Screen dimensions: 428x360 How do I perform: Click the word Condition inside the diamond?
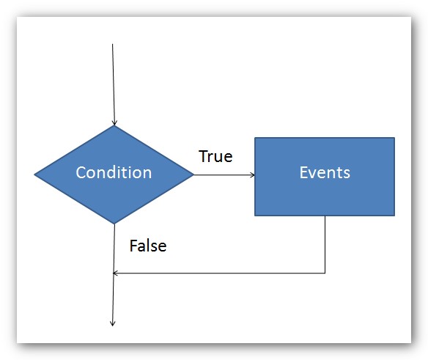point(114,172)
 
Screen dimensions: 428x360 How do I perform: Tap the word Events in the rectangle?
point(325,172)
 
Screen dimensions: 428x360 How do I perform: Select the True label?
point(215,156)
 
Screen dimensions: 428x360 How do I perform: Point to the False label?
point(148,246)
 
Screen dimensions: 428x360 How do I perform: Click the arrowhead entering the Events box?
point(253,175)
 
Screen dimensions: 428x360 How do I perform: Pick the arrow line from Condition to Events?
point(224,175)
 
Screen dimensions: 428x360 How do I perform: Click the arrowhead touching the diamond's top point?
point(114,122)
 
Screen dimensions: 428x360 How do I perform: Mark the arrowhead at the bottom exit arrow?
point(112,323)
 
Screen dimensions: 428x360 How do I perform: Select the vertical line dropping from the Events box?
point(325,244)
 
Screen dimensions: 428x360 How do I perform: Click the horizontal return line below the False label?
point(219,273)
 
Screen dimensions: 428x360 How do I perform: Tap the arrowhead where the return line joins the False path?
point(116,273)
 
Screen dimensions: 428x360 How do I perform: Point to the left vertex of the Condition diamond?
point(34,175)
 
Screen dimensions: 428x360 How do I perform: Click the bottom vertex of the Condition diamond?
point(114,224)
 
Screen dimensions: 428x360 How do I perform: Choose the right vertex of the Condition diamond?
point(193,175)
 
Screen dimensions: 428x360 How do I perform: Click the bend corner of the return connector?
point(325,273)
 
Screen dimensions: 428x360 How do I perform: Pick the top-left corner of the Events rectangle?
point(255,138)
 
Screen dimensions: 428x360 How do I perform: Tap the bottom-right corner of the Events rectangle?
point(394,216)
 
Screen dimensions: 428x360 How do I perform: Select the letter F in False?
point(133,246)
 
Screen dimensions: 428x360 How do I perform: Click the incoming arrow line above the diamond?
point(114,84)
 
